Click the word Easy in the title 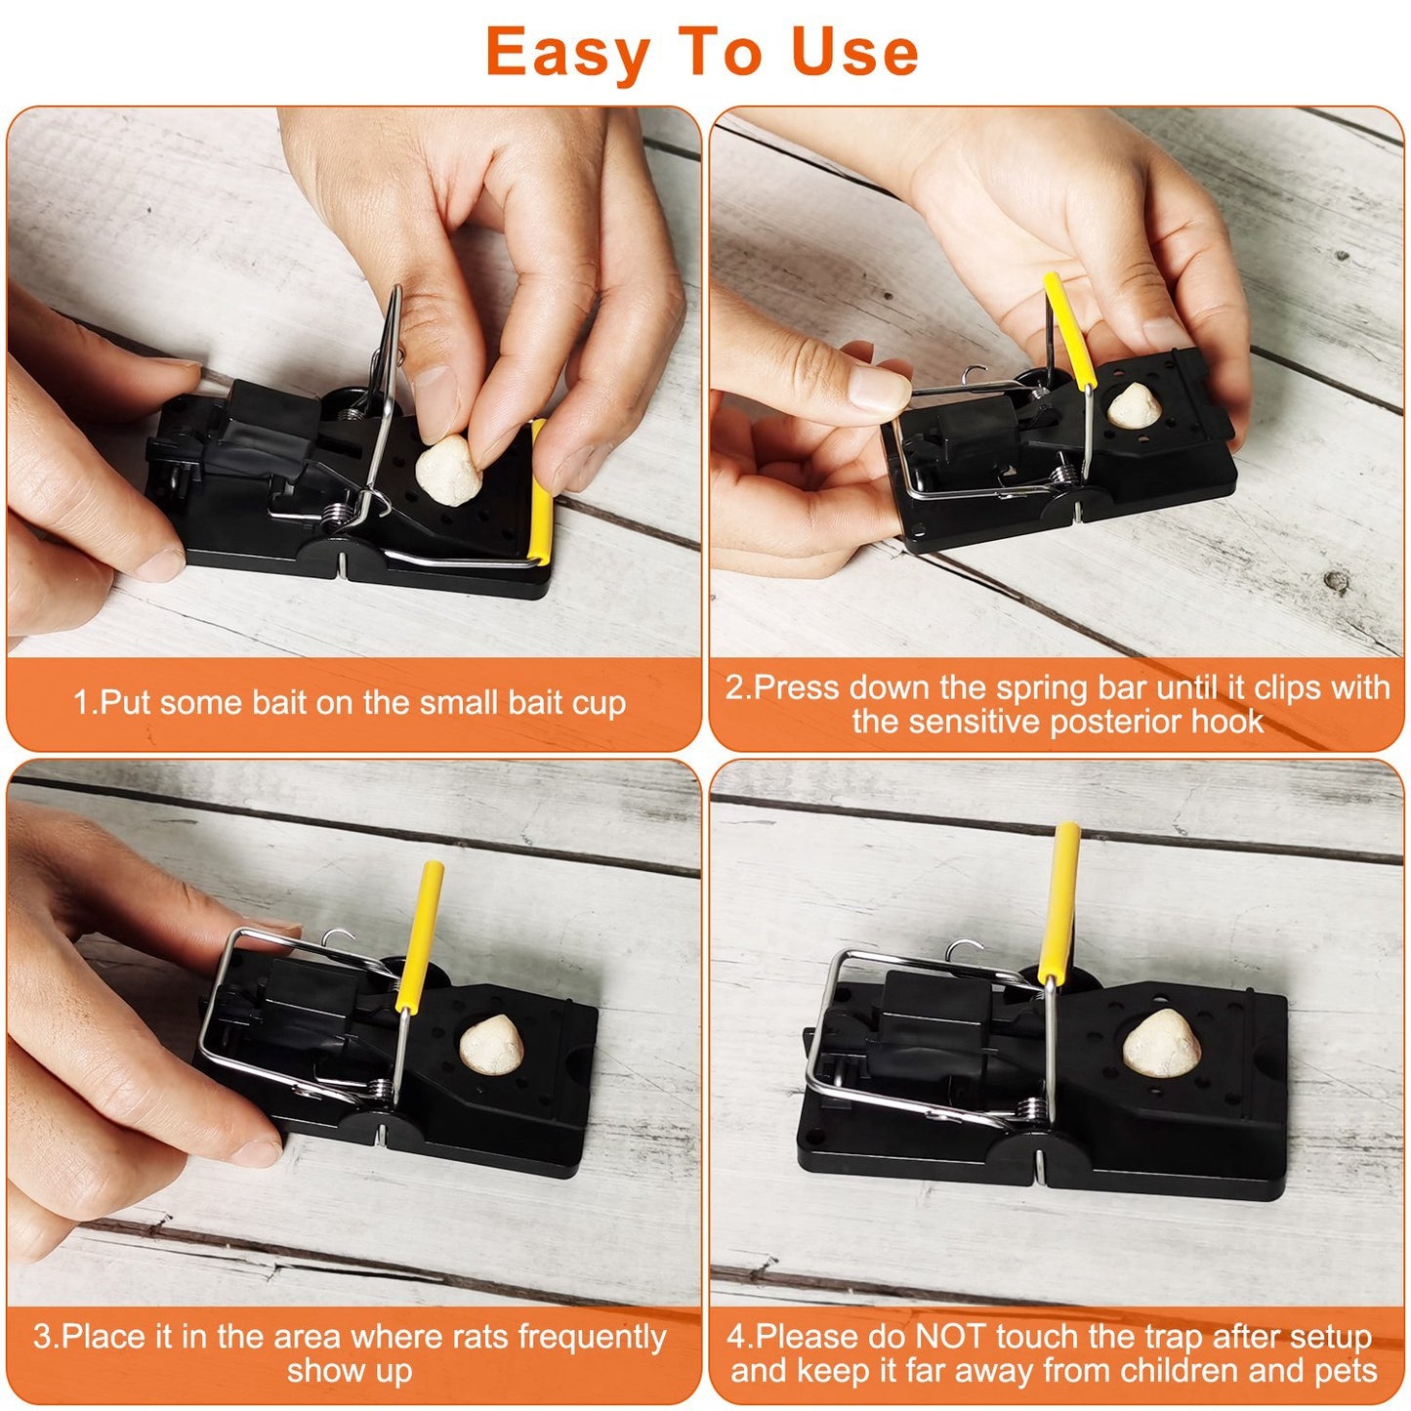click(567, 54)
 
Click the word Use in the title click(855, 54)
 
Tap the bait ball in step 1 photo click(448, 470)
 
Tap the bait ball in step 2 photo click(1133, 405)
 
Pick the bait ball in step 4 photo click(1162, 1043)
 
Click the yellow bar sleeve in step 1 click(540, 492)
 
